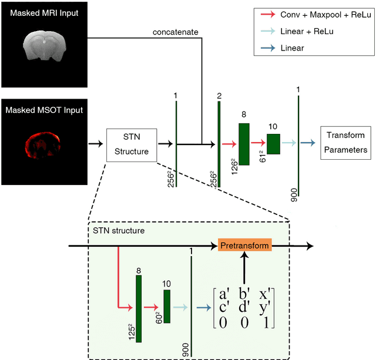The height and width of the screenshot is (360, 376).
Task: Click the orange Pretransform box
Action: tap(245, 244)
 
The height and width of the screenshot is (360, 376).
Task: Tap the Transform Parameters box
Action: tap(345, 142)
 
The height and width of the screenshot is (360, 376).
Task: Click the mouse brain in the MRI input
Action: tap(45, 45)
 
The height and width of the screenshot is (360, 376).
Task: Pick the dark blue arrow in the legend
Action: tap(268, 48)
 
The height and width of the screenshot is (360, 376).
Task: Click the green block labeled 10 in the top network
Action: tap(273, 143)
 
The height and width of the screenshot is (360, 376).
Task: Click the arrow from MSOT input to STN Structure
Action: tap(95, 143)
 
